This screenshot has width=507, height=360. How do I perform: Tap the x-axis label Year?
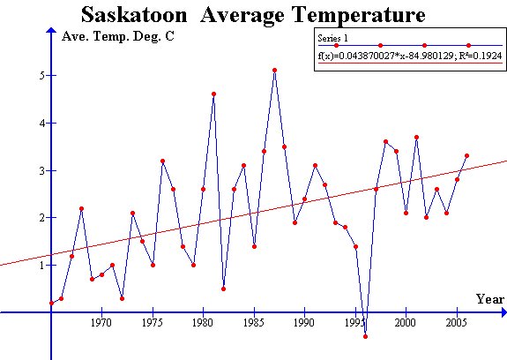pos(490,299)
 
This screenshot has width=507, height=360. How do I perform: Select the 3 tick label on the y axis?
pos(41,170)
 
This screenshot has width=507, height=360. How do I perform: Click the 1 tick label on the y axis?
pos(41,266)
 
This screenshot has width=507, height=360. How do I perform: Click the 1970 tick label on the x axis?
pos(101,324)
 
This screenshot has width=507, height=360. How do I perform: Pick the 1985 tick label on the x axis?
pos(254,324)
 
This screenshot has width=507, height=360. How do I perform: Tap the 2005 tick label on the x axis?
pos(457,324)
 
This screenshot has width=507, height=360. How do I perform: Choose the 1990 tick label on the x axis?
pos(304,324)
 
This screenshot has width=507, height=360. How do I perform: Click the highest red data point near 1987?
pos(274,70)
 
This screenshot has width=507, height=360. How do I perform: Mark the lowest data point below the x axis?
pos(365,336)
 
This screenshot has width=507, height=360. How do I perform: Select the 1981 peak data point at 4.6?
pos(213,94)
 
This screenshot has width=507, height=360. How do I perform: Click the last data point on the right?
pos(466,155)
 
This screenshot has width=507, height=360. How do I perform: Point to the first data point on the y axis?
pos(51,303)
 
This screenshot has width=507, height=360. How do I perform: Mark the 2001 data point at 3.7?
pos(416,137)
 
